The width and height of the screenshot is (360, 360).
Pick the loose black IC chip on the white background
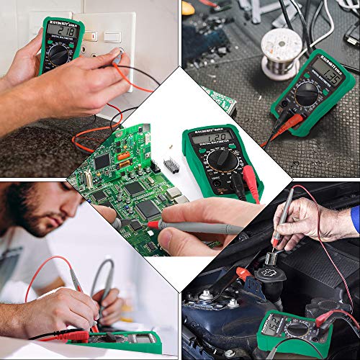[x=171, y=164]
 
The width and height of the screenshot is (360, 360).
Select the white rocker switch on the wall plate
[x=111, y=36]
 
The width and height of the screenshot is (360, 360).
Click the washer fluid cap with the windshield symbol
[x=281, y=259]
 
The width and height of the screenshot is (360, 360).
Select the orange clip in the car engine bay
[x=243, y=274]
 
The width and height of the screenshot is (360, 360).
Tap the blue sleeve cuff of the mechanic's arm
[x=355, y=219]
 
